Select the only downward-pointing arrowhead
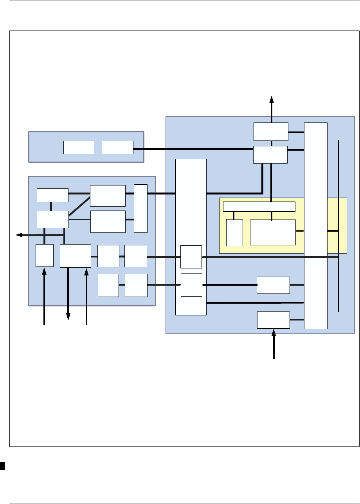coord(68,317)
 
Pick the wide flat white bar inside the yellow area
coord(259,207)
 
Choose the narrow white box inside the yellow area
coord(234,232)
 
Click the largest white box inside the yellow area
coord(273,232)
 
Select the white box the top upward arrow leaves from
coord(271,131)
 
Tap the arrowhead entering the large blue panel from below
coord(274,333)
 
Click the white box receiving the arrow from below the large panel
coord(274,320)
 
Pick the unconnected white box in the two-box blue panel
coord(79,147)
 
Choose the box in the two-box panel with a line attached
coord(117,147)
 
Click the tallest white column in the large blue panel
coord(316,225)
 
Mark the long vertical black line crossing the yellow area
coord(338,225)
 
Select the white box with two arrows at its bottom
coord(76,256)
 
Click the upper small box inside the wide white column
coord(191,257)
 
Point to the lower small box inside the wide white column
coord(191,285)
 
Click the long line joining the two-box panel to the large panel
coord(193,149)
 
